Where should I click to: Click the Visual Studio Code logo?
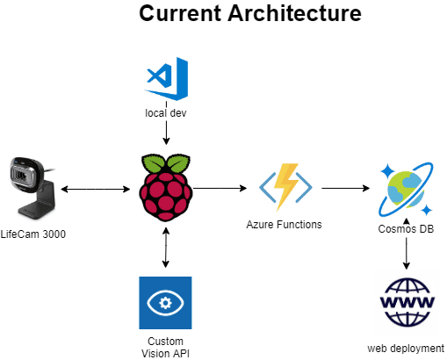tap(166, 79)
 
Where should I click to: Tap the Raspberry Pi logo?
tap(166, 187)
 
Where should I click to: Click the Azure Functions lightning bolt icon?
tap(285, 187)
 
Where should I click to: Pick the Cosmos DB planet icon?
tap(406, 190)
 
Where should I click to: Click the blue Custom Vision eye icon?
tap(165, 303)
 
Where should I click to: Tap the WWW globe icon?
tap(407, 303)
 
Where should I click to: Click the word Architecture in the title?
tap(294, 13)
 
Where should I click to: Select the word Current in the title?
tap(180, 13)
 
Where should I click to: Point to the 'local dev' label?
tap(166, 113)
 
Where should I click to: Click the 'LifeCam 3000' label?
tap(33, 234)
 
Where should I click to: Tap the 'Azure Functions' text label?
tap(284, 225)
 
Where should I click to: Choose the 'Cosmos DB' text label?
tap(406, 229)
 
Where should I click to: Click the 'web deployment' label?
tap(406, 349)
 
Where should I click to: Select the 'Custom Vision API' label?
tap(165, 347)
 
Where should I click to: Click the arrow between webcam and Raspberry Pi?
tap(96, 189)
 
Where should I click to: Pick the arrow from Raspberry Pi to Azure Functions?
tap(220, 188)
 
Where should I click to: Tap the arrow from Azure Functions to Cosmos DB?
tap(346, 188)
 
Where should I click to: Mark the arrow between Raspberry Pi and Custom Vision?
tap(166, 248)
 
